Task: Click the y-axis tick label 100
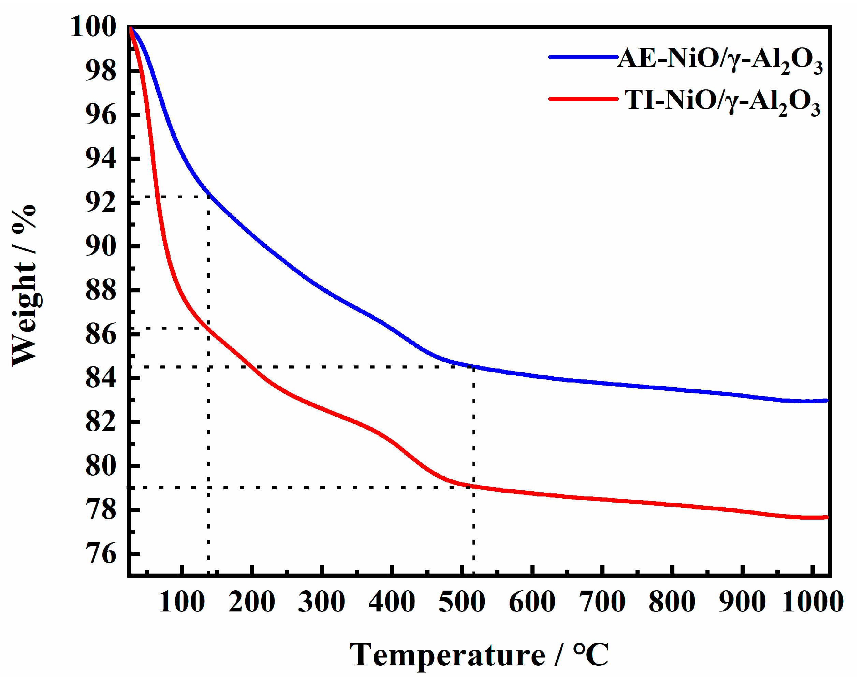[x=93, y=27]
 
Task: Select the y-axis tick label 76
[x=101, y=553]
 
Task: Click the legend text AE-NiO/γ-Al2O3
[x=719, y=60]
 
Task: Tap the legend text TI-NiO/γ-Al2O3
[x=722, y=101]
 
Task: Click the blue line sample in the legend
[x=583, y=57]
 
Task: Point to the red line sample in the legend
[x=583, y=99]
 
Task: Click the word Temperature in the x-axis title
[x=447, y=655]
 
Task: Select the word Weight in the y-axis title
[x=25, y=314]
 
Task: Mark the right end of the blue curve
[x=826, y=401]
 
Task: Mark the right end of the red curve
[x=826, y=518]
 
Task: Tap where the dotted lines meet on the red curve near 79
[x=474, y=487]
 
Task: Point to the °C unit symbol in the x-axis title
[x=590, y=655]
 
